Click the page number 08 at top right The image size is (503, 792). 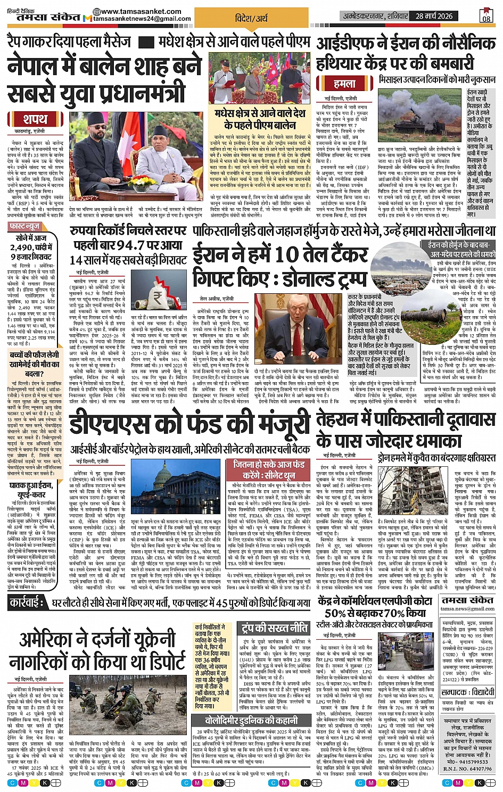(486, 16)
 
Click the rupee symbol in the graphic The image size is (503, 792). (158, 296)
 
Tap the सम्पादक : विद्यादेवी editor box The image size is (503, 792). (468, 692)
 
